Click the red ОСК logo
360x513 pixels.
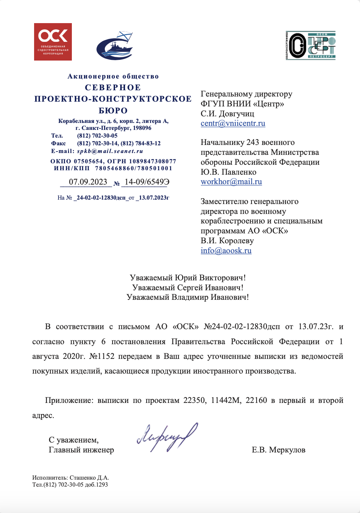click(x=53, y=41)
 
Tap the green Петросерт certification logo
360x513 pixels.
click(x=311, y=46)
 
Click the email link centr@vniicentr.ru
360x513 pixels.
click(x=233, y=123)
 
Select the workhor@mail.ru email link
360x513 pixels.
click(x=231, y=182)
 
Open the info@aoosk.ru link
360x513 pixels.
click(x=226, y=251)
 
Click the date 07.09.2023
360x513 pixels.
click(x=88, y=182)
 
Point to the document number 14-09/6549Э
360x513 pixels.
click(x=147, y=182)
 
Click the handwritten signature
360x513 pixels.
click(x=167, y=437)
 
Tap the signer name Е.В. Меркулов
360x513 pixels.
click(x=278, y=450)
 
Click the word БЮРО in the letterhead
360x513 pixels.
click(x=113, y=110)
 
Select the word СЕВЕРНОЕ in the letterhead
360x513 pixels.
click(x=113, y=88)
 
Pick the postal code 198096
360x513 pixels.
click(x=142, y=128)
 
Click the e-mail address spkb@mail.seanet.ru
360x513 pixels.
click(x=110, y=151)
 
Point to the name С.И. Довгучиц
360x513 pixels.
click(x=227, y=114)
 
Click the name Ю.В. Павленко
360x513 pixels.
click(x=228, y=172)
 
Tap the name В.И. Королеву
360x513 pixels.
click(x=227, y=241)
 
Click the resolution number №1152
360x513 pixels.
click(x=102, y=356)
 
